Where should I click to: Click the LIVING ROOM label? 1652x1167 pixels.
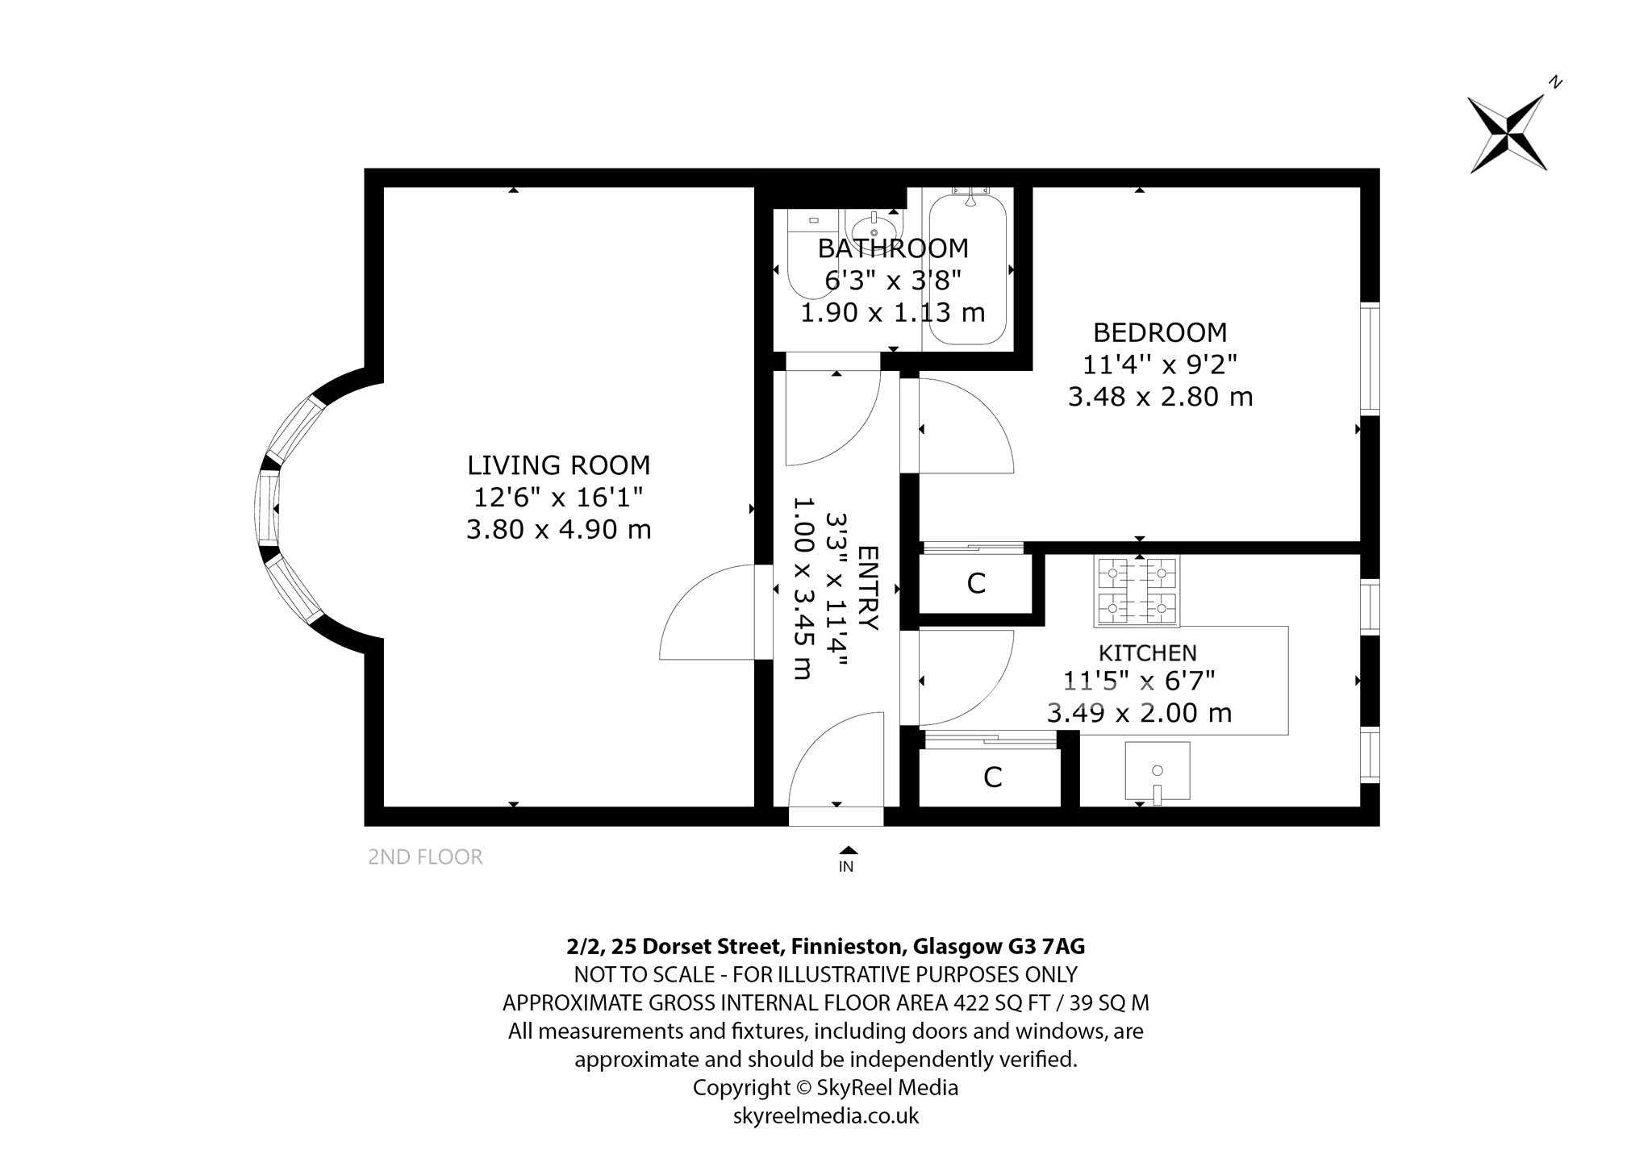pyautogui.click(x=558, y=465)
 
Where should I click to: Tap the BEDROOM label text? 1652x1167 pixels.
pyautogui.click(x=1160, y=332)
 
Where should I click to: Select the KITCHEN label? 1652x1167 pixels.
pyautogui.click(x=1148, y=652)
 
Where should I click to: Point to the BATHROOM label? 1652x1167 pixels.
pyautogui.click(x=893, y=248)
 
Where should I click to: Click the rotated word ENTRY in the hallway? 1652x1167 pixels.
pyautogui.click(x=868, y=588)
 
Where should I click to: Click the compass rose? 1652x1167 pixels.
pyautogui.click(x=1507, y=134)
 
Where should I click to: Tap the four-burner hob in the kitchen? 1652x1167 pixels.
pyautogui.click(x=1137, y=591)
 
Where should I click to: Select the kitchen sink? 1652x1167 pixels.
pyautogui.click(x=1158, y=771)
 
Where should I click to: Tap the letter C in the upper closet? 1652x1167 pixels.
pyautogui.click(x=976, y=584)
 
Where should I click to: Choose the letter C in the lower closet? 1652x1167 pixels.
pyautogui.click(x=992, y=777)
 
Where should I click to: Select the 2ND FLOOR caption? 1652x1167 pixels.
pyautogui.click(x=425, y=857)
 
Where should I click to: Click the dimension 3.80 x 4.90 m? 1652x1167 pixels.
pyautogui.click(x=559, y=530)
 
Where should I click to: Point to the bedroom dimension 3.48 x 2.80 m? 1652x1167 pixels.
pyautogui.click(x=1160, y=397)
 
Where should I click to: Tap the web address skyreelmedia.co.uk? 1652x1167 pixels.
pyautogui.click(x=826, y=1115)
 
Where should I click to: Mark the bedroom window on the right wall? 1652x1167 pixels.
pyautogui.click(x=1370, y=360)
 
